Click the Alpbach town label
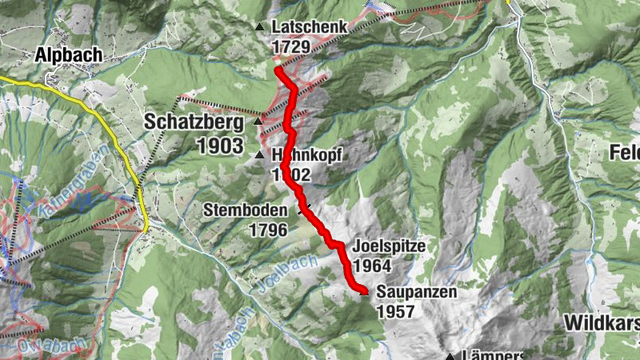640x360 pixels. (x=68, y=55)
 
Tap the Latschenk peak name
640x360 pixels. (x=310, y=27)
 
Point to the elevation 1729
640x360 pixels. (x=291, y=47)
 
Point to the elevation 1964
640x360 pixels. (x=372, y=265)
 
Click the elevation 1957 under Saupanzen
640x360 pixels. (x=395, y=311)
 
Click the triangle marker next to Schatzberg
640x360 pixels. (x=257, y=122)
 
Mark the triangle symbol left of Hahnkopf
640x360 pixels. (x=258, y=154)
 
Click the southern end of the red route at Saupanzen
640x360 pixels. (x=362, y=291)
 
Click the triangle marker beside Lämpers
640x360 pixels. (x=450, y=357)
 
